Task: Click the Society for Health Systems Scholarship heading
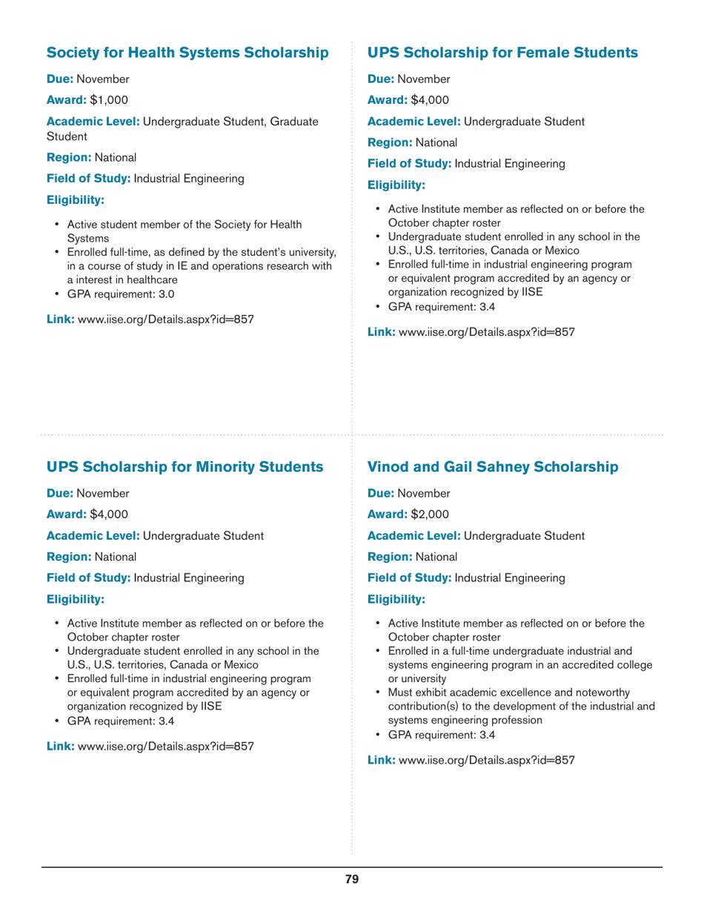[187, 53]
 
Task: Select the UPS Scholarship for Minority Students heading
[185, 467]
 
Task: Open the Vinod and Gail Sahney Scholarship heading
[492, 467]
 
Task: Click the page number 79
[352, 879]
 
